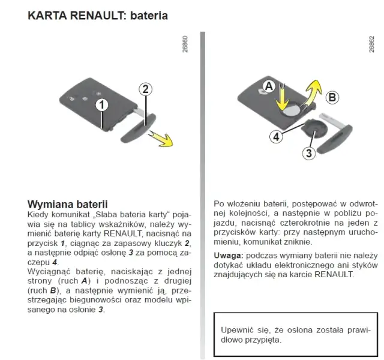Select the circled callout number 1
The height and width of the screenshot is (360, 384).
(x=103, y=104)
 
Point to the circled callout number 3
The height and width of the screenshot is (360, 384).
(x=308, y=153)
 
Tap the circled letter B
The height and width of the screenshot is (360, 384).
(x=332, y=97)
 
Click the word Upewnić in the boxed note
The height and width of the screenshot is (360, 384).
(x=238, y=330)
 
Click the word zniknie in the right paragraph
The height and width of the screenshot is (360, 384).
(x=296, y=242)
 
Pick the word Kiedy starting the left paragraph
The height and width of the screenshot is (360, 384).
(x=38, y=214)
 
